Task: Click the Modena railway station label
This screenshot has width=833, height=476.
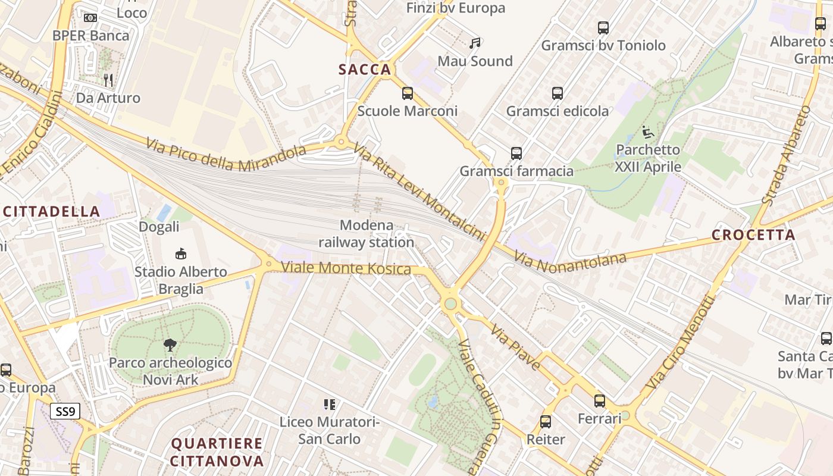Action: coord(366,234)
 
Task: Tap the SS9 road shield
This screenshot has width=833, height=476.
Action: coord(65,411)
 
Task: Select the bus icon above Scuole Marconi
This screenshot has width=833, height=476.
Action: coord(407,93)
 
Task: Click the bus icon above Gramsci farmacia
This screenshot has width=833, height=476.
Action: coord(516,154)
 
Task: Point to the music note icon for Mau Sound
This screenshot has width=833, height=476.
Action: coord(475,43)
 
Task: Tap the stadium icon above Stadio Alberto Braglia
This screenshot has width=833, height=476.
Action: coord(180,254)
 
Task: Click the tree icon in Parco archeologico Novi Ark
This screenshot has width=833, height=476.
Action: coord(170,345)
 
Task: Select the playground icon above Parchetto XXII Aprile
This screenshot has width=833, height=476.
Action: coord(648,132)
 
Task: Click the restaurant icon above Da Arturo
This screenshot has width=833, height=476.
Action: coord(108,80)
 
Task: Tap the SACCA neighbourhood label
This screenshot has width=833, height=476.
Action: coord(365,70)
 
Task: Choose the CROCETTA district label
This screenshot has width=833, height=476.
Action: coord(753,235)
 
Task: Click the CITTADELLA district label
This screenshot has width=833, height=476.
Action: coord(51,211)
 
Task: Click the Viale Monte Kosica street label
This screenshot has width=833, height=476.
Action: coord(346,268)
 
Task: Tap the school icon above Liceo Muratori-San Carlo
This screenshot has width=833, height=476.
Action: coord(329,405)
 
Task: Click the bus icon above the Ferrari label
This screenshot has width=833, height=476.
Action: coord(600,401)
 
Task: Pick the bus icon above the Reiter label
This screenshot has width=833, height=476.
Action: coord(546,422)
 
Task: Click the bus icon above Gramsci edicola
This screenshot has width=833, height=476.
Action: coord(557,93)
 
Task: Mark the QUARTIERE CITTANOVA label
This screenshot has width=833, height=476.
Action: coord(217,452)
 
